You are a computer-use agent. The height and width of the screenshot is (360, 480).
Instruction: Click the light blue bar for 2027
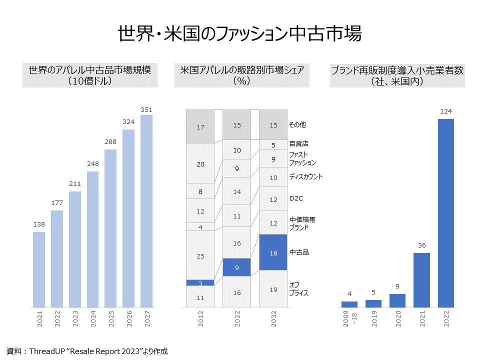[x=146, y=211]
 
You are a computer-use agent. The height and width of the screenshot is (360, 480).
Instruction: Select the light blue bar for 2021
[x=39, y=269]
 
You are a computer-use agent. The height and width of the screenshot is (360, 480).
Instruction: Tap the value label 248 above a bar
[x=93, y=164]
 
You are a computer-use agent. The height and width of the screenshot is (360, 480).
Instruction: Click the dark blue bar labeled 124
[x=446, y=213]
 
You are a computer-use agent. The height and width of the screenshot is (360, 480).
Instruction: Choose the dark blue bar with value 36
[x=421, y=280]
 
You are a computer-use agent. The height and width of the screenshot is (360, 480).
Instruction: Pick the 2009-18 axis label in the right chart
[x=349, y=320]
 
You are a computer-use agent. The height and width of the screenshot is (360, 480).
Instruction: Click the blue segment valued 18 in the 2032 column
[x=273, y=252]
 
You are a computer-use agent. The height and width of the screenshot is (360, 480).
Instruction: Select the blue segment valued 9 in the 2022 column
[x=236, y=267]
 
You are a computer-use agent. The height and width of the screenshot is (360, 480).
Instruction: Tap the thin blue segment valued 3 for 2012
[x=200, y=283]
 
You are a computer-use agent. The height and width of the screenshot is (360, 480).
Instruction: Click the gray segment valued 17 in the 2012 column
[x=200, y=127]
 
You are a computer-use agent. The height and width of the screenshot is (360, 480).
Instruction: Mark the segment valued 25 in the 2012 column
[x=200, y=255]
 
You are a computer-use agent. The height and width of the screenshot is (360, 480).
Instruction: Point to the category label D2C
[x=296, y=198]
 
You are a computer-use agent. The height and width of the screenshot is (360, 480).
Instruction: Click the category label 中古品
[x=299, y=252]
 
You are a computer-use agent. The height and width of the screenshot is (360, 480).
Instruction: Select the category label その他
[x=297, y=124]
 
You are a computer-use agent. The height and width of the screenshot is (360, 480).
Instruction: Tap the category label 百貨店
[x=299, y=144]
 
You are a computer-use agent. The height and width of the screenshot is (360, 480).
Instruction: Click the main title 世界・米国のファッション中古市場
[x=239, y=34]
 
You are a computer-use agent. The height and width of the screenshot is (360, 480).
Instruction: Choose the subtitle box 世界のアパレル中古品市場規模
[x=90, y=75]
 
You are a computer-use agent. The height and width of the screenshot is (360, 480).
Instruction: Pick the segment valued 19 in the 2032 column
[x=273, y=289]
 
